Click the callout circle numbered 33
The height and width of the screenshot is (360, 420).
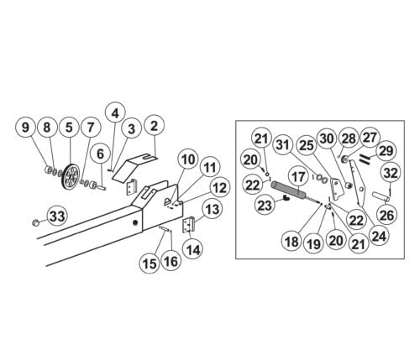click(57, 217)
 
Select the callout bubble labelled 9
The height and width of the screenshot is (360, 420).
click(25, 128)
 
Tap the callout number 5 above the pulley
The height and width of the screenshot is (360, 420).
click(69, 128)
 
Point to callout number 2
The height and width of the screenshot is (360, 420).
click(154, 126)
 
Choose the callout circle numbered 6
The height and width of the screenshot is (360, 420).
click(100, 154)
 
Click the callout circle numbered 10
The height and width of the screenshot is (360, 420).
click(188, 159)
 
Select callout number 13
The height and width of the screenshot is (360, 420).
click(213, 209)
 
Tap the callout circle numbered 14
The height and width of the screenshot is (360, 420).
click(193, 248)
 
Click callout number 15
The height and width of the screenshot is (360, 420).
click(150, 263)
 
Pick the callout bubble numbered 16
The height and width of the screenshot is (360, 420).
click(171, 262)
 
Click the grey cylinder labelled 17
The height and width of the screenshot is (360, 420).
click(287, 189)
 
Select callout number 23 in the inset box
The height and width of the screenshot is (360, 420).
click(265, 205)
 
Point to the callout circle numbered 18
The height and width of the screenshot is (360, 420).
click(291, 241)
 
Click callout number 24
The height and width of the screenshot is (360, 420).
click(379, 235)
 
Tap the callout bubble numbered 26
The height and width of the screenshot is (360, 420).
click(387, 215)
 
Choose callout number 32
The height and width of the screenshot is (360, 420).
click(391, 173)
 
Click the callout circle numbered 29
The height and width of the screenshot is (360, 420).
click(386, 151)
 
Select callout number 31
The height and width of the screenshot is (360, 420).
click(283, 145)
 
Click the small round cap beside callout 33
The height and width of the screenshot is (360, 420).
click(35, 222)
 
